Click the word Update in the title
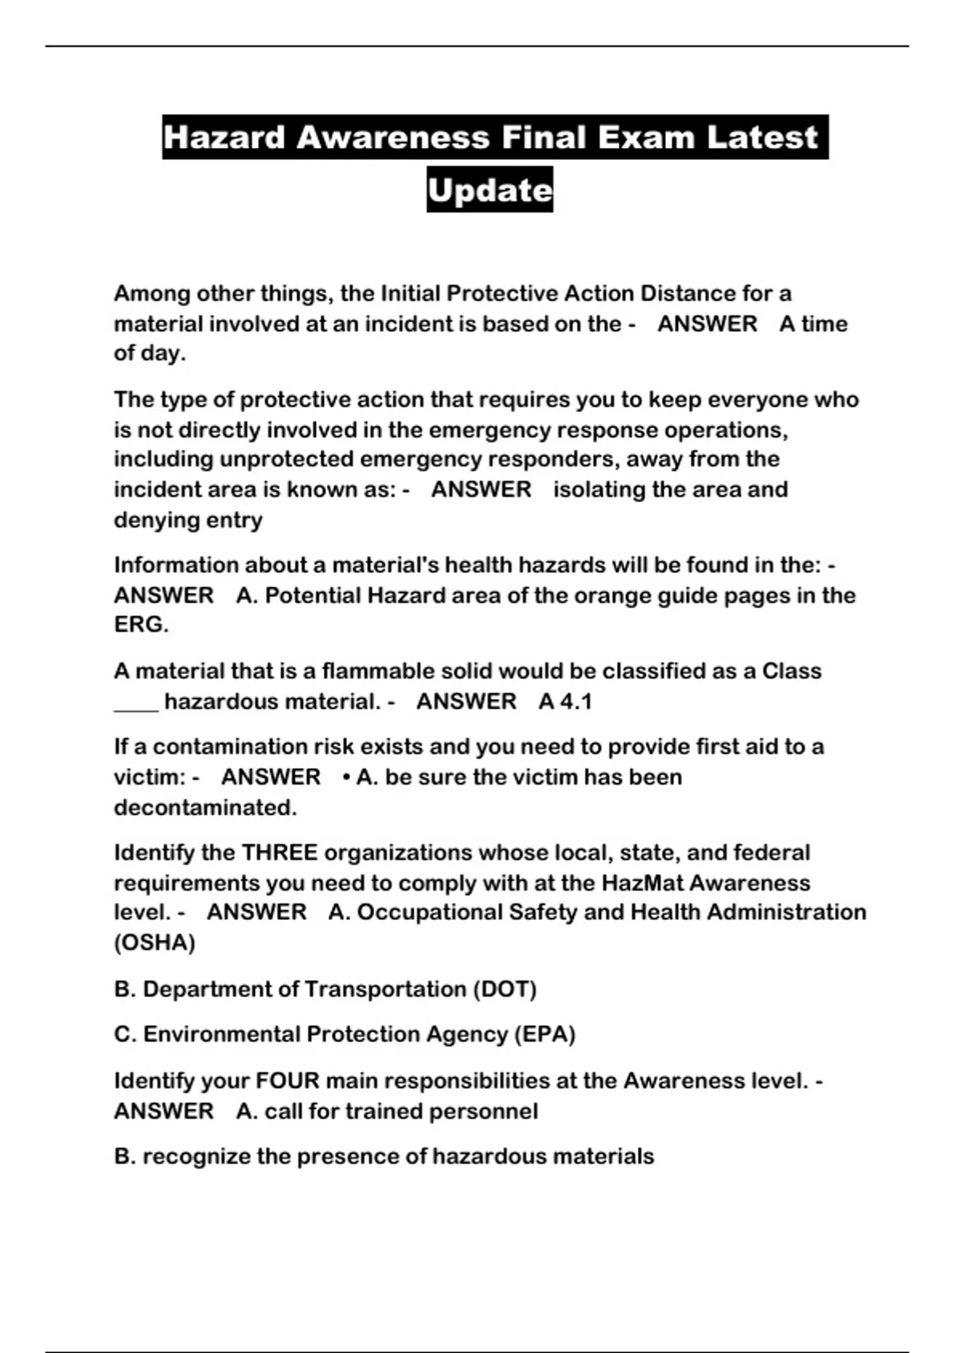tap(489, 190)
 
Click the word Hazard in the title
tap(224, 138)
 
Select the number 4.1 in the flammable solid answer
tap(576, 702)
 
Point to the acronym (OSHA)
tap(154, 943)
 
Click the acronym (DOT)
tap(505, 989)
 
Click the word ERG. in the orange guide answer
tap(141, 626)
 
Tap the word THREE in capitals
tap(279, 853)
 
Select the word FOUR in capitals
tap(286, 1081)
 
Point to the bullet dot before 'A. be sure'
tap(346, 778)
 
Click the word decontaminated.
tap(205, 808)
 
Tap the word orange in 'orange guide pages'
tap(614, 596)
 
